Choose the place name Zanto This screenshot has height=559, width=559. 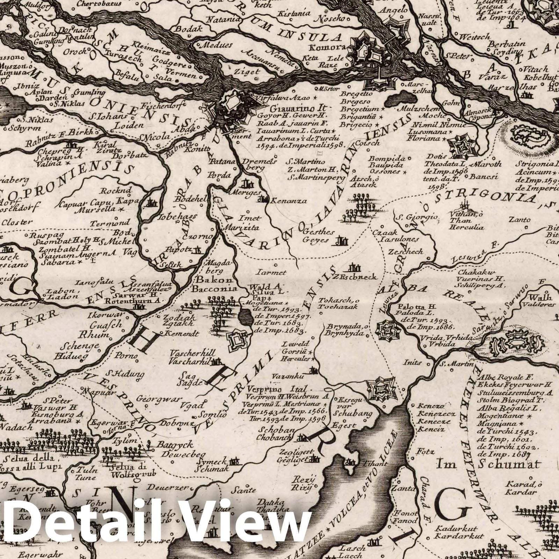tap(519, 220)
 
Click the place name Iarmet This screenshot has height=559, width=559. tap(276, 272)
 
